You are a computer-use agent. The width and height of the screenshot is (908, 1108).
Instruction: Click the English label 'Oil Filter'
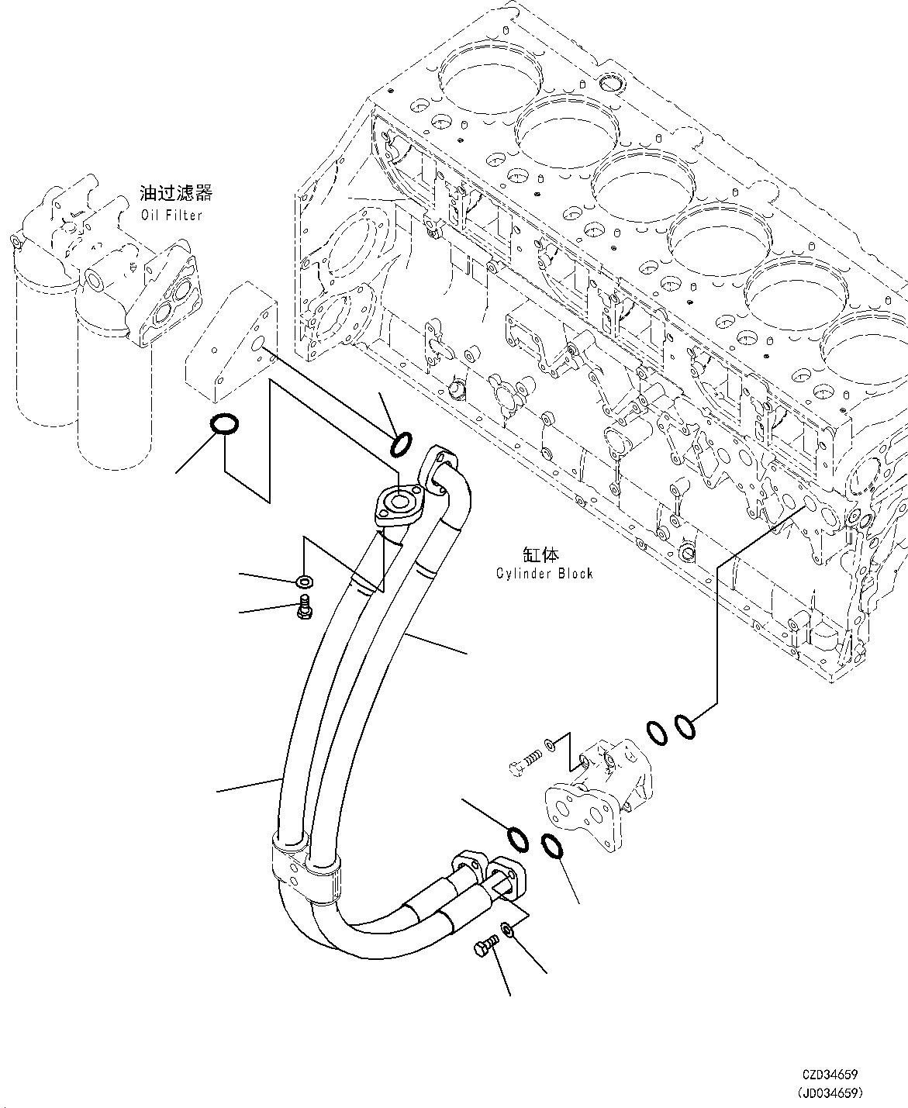171,215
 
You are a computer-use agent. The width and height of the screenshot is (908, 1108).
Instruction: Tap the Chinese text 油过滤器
176,193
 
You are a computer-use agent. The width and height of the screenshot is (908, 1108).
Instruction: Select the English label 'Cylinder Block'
544,573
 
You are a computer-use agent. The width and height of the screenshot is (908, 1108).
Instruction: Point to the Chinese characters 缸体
540,554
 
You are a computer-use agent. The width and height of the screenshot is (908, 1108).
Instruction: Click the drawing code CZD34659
830,1075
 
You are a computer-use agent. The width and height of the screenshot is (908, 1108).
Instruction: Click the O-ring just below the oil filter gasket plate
224,424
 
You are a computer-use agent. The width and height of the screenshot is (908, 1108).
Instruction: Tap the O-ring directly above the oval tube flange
402,445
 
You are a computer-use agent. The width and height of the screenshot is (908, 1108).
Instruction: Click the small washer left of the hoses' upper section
304,581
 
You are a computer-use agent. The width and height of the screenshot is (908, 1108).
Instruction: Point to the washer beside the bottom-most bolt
505,928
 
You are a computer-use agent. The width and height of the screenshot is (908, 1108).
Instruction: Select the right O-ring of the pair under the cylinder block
684,727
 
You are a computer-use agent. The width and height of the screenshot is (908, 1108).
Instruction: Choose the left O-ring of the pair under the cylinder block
655,731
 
